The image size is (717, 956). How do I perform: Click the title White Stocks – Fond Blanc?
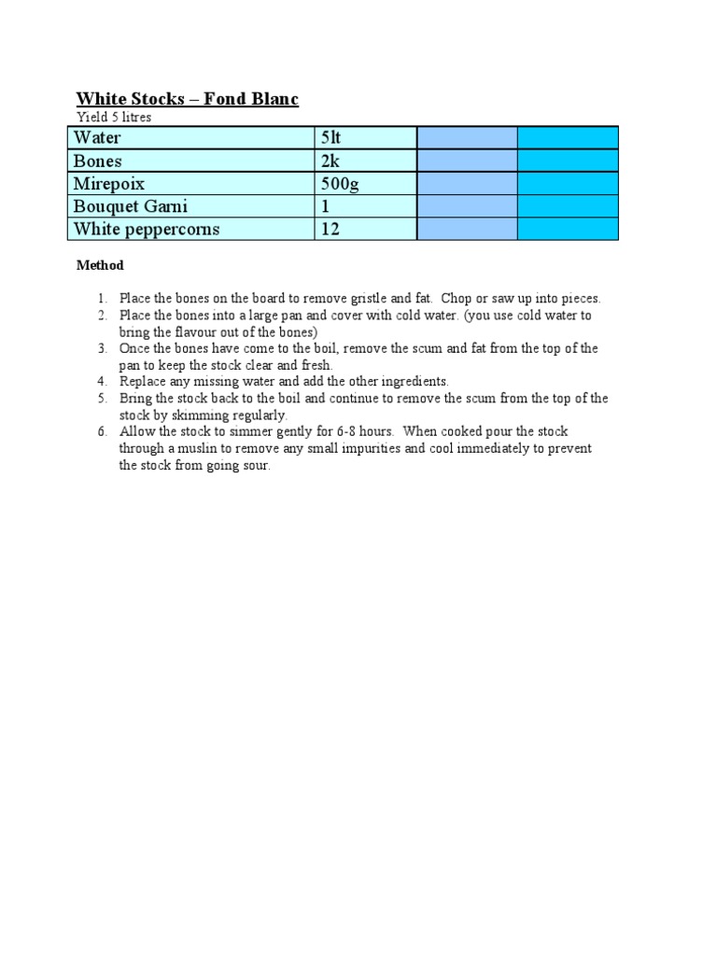[187, 99]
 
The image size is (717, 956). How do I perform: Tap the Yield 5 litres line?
[113, 118]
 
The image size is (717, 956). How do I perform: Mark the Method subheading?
[100, 265]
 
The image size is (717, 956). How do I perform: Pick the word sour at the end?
[256, 466]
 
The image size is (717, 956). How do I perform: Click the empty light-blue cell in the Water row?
[467, 138]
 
